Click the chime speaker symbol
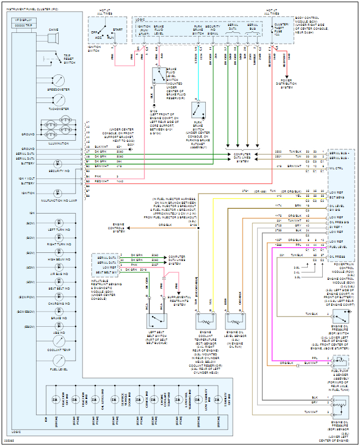tap(53, 38)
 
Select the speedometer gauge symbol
tap(58, 79)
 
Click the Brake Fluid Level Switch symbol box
tap(160, 75)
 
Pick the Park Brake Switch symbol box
tap(199, 110)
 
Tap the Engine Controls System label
tap(119, 227)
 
